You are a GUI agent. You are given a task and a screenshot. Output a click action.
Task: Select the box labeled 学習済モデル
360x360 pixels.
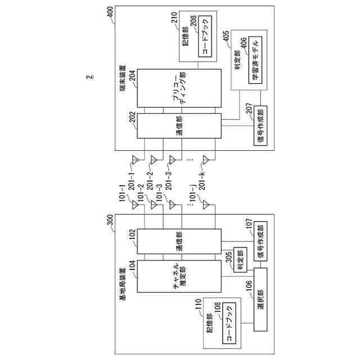point(255,60)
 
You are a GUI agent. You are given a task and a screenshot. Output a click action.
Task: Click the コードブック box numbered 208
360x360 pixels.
point(205,36)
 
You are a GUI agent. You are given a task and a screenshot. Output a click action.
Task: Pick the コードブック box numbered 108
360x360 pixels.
point(229,323)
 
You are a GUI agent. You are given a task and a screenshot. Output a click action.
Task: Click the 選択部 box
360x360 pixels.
point(260,299)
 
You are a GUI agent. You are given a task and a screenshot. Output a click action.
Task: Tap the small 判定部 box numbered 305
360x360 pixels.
point(240,260)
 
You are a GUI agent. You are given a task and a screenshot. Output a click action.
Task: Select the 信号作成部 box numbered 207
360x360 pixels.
point(260,125)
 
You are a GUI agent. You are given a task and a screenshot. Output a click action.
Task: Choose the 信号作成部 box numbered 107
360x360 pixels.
point(260,241)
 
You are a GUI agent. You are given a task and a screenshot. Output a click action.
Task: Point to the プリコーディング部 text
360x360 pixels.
point(179,88)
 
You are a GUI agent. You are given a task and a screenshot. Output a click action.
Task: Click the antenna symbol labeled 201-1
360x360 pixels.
point(135,160)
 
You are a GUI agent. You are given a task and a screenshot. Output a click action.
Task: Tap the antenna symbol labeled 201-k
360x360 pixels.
point(206,160)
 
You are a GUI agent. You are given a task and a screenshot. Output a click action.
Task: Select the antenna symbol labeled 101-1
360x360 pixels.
point(135,205)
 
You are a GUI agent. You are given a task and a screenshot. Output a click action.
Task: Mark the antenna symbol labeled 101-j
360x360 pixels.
point(206,205)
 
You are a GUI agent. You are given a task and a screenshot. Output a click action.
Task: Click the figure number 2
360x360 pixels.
point(90,77)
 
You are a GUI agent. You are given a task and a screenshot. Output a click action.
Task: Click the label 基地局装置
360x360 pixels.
point(123,283)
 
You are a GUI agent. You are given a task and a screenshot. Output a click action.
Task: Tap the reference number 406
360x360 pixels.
point(244,43)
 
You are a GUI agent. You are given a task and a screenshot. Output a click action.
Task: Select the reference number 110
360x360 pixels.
point(198,304)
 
